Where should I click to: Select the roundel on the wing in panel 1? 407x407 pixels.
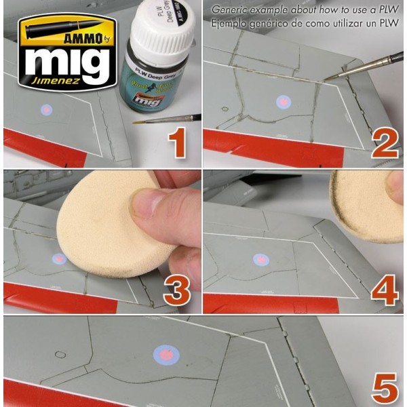47,109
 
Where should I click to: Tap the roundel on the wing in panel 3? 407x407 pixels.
60,258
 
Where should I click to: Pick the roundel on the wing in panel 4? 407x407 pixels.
260,259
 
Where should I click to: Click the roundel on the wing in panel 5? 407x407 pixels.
166,354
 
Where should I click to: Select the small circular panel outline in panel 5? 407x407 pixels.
59,354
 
